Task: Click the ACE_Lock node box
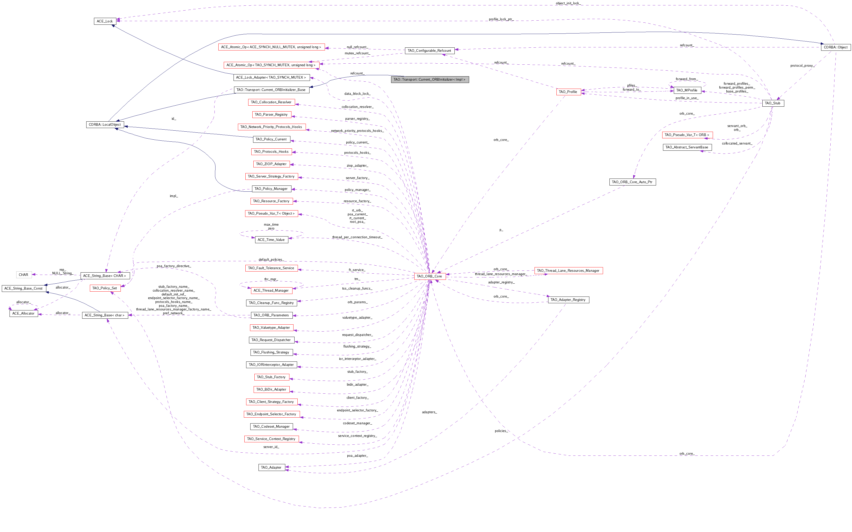[x=105, y=21]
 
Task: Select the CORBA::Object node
[x=836, y=47]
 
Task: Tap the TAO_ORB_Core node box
[x=429, y=276]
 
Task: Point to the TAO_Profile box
[x=568, y=92]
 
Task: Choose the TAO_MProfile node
[x=687, y=90]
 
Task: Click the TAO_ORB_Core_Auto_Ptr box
[x=632, y=182]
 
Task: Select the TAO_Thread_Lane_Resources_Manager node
[x=568, y=271]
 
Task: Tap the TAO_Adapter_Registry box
[x=568, y=300]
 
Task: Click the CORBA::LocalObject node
[x=105, y=124]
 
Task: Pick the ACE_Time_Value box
[x=271, y=240]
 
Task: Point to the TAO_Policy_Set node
[x=105, y=288]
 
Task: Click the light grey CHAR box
[x=23, y=275]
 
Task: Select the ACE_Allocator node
[x=23, y=314]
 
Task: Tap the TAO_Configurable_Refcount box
[x=429, y=51]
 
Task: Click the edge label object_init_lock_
[x=568, y=3]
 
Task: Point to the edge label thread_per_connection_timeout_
[x=357, y=237]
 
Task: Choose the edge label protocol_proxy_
[x=802, y=66]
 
